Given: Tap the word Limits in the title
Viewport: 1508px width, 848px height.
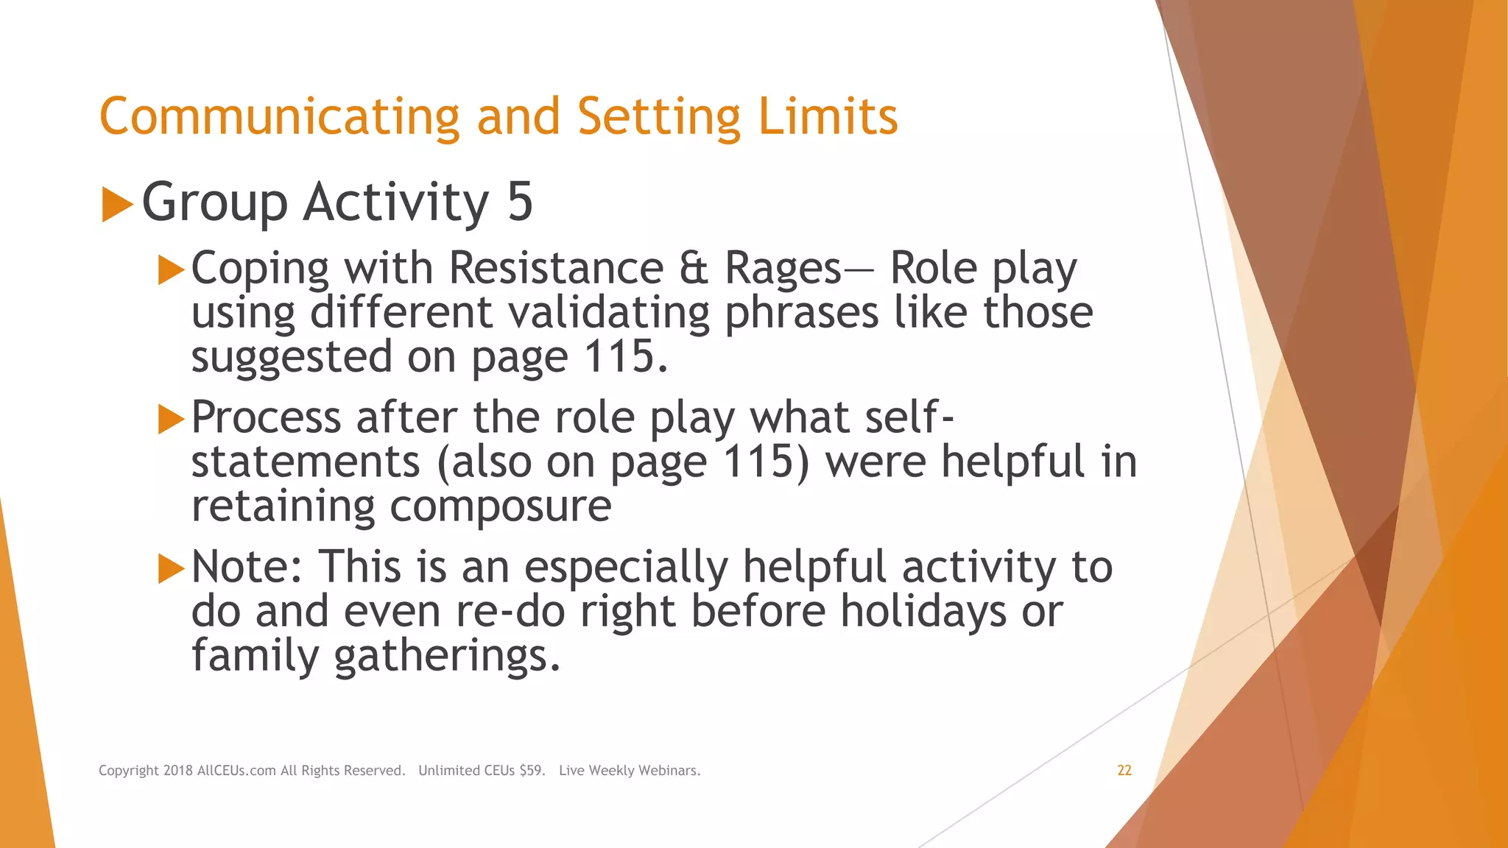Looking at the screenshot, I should pos(828,118).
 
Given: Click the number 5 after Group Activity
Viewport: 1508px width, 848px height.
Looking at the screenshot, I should pos(520,202).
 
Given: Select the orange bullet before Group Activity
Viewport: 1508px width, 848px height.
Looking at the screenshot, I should pos(116,204).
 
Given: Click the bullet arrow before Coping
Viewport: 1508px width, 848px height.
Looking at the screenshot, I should pos(171,270).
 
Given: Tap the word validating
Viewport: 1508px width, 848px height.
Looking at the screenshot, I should pos(609,313).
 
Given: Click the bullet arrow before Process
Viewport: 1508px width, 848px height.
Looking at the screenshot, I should pos(171,420).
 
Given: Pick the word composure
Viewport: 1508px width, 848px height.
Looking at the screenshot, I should pos(500,506).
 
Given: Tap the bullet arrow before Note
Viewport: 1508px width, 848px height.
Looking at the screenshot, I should pos(171,569).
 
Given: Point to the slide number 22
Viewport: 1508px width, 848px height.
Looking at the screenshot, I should pos(1124,771).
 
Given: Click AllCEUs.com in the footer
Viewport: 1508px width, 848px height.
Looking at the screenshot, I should pos(236,771).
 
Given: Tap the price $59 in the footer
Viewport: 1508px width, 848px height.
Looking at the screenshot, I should pos(532,771).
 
